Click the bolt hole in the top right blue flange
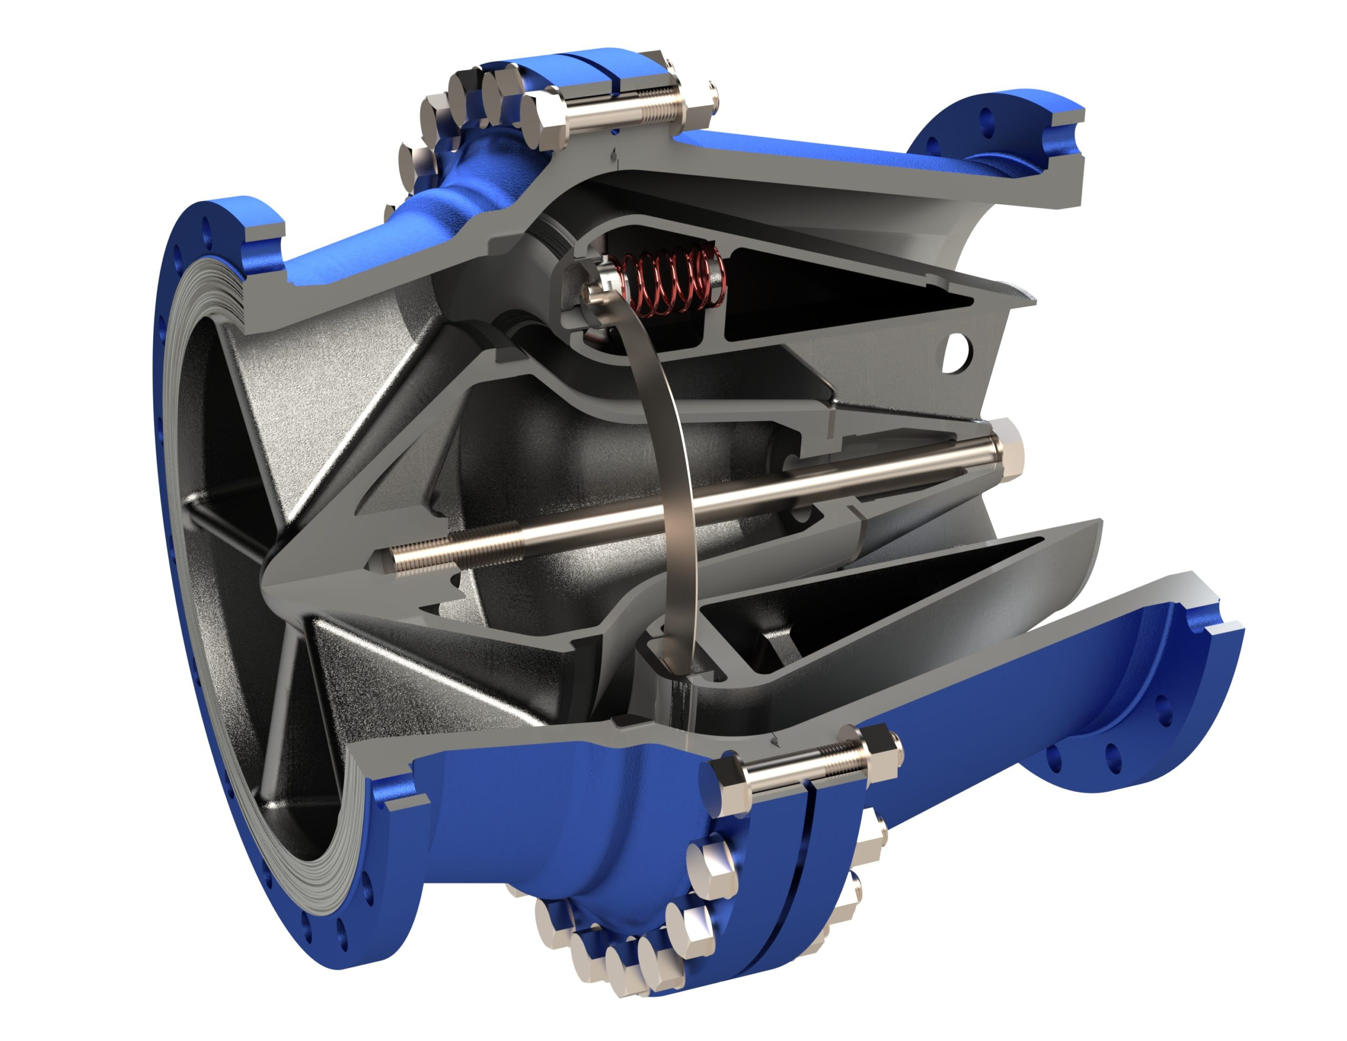984,116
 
